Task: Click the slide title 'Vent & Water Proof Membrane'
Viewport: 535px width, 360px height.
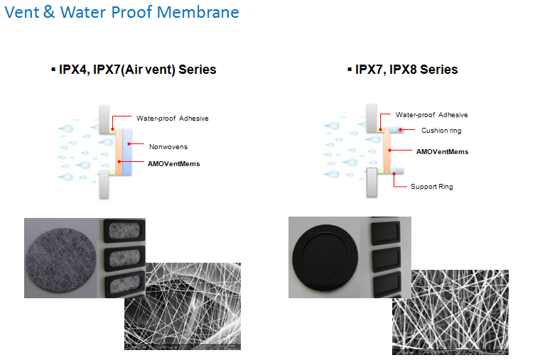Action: click(x=121, y=12)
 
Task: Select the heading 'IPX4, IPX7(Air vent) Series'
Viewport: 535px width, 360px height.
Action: click(x=138, y=70)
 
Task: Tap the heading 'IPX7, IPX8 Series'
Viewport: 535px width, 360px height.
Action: click(x=406, y=70)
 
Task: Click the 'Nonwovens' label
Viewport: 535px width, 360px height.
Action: click(x=168, y=147)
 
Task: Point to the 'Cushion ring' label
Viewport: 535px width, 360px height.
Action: click(x=441, y=131)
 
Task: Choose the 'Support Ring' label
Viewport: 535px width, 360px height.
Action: click(x=431, y=187)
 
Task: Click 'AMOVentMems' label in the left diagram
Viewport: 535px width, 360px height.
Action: click(x=173, y=164)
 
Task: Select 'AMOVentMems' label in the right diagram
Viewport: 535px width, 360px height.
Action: click(x=442, y=152)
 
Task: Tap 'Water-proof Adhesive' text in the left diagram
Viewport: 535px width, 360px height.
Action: click(x=173, y=119)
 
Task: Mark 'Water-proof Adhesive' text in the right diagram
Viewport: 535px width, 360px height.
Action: click(x=431, y=115)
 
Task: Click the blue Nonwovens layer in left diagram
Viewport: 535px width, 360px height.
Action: click(x=127, y=152)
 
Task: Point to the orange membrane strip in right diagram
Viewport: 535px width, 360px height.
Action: click(x=387, y=150)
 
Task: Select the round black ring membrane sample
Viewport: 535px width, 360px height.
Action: click(x=325, y=258)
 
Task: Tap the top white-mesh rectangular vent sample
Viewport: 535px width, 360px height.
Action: click(x=124, y=231)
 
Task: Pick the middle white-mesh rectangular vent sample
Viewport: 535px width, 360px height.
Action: click(x=124, y=258)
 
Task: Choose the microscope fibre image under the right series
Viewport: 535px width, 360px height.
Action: click(x=450, y=312)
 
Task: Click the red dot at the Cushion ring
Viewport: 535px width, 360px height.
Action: click(x=401, y=129)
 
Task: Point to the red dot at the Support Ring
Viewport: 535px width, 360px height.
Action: click(x=394, y=174)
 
